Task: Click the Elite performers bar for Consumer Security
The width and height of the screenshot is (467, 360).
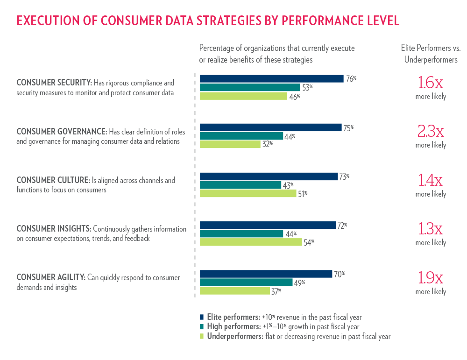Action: click(x=271, y=78)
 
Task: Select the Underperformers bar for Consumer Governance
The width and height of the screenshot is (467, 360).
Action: click(x=230, y=144)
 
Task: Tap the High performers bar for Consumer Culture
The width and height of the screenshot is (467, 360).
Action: click(x=240, y=185)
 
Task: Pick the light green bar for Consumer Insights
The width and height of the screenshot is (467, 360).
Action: click(x=251, y=242)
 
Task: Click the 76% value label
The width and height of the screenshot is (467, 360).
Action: click(x=351, y=79)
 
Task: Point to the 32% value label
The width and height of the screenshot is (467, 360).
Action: click(x=267, y=144)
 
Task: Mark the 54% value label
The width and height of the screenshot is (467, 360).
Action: click(x=309, y=242)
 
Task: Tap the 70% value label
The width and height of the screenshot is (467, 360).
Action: click(x=339, y=274)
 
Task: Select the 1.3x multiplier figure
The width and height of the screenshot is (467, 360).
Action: click(x=431, y=229)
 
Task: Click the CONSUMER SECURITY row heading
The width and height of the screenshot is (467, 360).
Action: click(x=54, y=83)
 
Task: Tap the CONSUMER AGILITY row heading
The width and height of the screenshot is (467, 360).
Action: click(x=50, y=278)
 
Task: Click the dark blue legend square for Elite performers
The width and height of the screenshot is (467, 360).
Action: click(x=202, y=317)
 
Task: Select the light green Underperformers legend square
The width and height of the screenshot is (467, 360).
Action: click(x=202, y=336)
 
